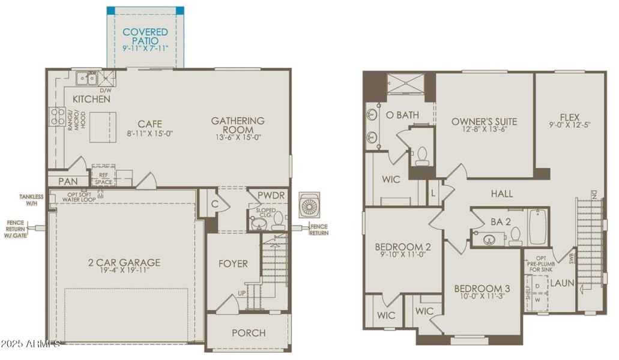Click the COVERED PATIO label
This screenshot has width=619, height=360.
(145, 36)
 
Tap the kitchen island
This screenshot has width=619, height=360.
(103, 127)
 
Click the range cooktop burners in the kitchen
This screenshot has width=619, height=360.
(58, 116)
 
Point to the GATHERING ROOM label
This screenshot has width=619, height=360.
(237, 125)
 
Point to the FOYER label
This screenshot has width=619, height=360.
(233, 263)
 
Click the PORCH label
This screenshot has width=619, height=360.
(249, 333)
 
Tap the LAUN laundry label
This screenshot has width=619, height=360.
(563, 283)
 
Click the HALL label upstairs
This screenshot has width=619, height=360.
(502, 194)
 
